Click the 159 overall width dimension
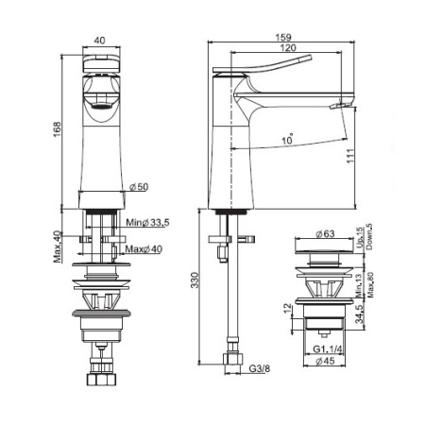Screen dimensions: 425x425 point(283,37)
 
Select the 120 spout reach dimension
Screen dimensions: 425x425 point(288,47)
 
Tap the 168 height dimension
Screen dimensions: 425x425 point(57,129)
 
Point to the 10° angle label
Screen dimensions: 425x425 point(287,139)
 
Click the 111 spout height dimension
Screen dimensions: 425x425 point(350,156)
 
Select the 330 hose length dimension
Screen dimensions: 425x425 point(195,280)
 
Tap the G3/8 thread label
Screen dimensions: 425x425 point(260,368)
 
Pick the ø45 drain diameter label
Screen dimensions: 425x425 point(325,361)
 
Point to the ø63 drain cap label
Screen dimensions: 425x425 point(325,233)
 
